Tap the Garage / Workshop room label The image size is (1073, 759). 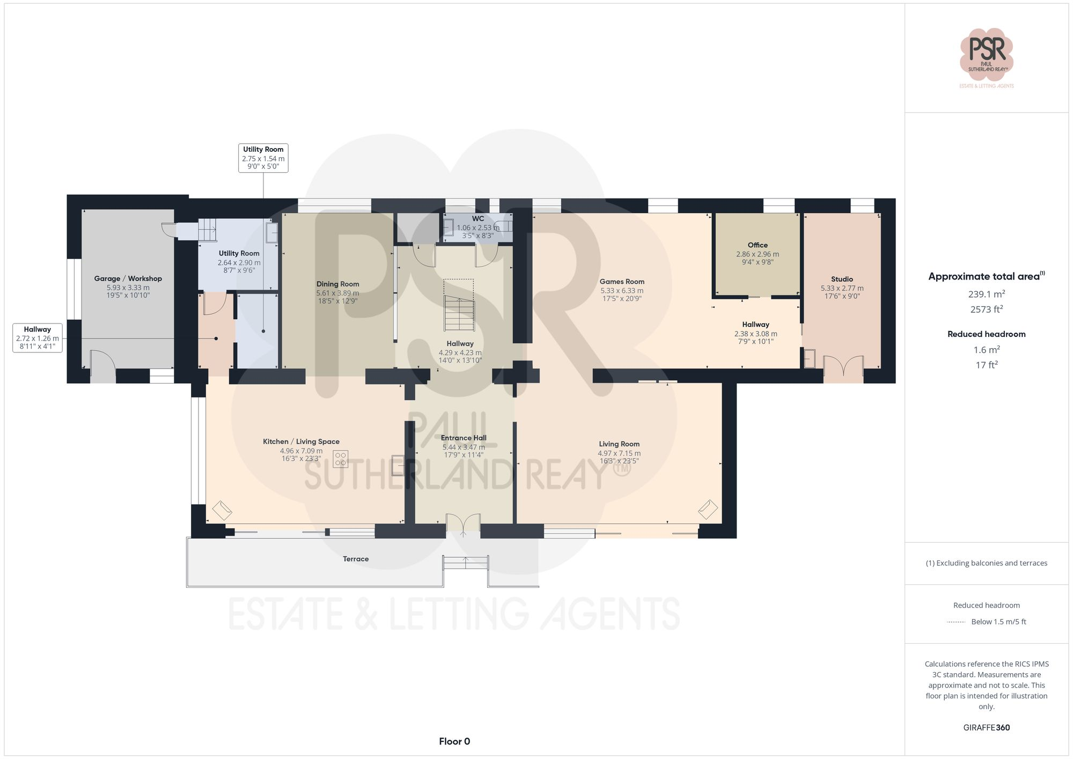click(x=128, y=278)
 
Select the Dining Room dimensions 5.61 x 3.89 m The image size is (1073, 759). click(x=337, y=293)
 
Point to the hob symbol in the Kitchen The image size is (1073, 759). click(x=340, y=459)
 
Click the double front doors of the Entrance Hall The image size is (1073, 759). click(x=463, y=524)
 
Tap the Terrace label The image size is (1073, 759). click(x=356, y=559)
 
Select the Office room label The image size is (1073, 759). click(x=758, y=245)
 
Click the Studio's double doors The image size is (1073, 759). click(x=843, y=367)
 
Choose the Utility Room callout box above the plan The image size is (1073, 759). click(x=263, y=158)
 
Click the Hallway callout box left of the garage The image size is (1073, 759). click(x=38, y=338)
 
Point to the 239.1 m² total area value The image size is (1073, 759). click(x=986, y=294)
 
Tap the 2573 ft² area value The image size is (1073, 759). click(x=986, y=309)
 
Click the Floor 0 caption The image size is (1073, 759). click(x=454, y=741)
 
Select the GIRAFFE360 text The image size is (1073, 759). click(x=986, y=727)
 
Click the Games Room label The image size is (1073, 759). click(x=622, y=282)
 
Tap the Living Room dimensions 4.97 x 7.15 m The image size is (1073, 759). click(x=619, y=453)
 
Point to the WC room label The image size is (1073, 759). click(x=477, y=219)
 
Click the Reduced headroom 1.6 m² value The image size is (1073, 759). click(x=986, y=350)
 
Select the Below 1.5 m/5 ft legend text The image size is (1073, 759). click(x=998, y=622)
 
